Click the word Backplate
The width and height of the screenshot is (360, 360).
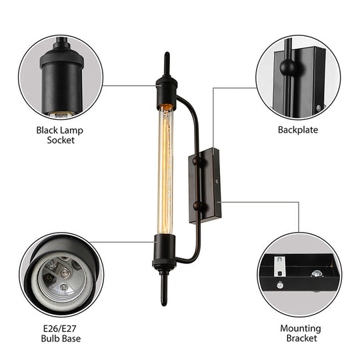tap(297, 130)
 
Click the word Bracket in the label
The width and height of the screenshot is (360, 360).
tap(298, 339)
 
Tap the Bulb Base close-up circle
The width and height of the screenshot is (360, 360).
tap(61, 274)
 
